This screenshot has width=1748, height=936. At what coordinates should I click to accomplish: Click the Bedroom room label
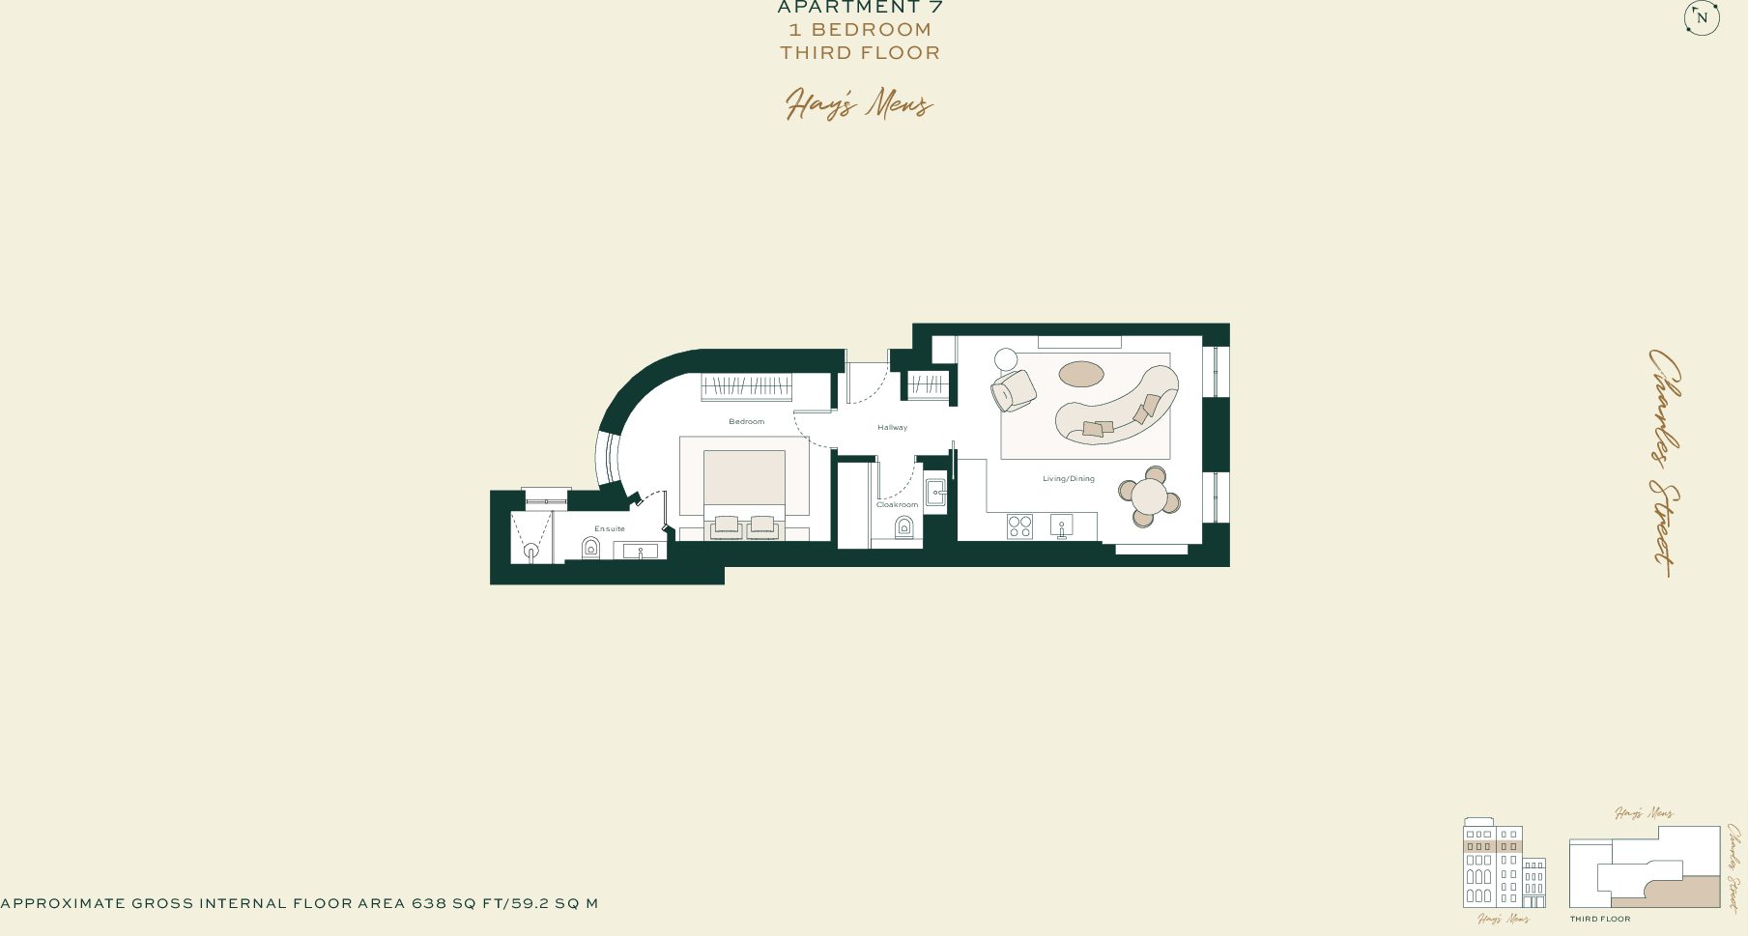click(746, 422)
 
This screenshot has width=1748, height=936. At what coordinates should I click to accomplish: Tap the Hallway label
click(892, 427)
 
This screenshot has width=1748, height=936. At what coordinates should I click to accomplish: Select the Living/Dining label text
click(1068, 479)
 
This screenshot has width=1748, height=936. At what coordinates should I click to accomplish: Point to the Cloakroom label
click(897, 504)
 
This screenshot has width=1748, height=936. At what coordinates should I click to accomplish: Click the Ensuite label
click(610, 529)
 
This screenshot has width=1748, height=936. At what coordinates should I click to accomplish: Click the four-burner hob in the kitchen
click(1019, 526)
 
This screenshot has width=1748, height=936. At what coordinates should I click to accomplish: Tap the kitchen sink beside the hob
click(1061, 526)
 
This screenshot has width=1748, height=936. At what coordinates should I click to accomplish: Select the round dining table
click(1149, 497)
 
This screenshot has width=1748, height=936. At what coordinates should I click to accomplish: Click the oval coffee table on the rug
click(1080, 374)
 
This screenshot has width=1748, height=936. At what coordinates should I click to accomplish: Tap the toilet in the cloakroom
click(903, 526)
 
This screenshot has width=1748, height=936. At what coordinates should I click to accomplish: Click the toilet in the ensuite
click(590, 548)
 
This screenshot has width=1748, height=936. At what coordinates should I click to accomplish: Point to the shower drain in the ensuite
click(530, 551)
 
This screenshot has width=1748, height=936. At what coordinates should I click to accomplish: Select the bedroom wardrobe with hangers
click(746, 386)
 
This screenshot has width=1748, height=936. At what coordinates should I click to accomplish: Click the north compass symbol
click(1702, 17)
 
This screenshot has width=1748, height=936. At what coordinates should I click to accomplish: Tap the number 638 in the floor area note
click(429, 904)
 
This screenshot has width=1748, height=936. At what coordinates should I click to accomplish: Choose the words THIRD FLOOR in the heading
click(860, 53)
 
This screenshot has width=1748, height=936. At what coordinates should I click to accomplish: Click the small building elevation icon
click(1504, 865)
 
